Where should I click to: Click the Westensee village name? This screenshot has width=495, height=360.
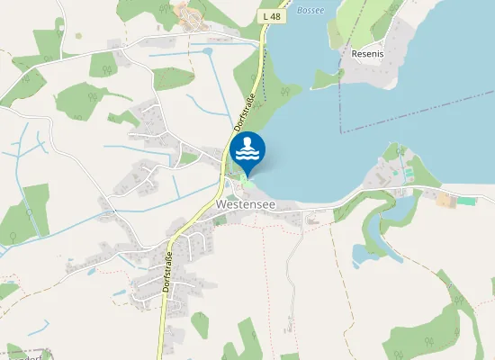pyautogui.click(x=246, y=205)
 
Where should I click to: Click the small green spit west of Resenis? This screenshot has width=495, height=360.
pyautogui.click(x=327, y=79)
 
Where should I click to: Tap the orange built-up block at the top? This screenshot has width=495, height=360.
pyautogui.click(x=190, y=15)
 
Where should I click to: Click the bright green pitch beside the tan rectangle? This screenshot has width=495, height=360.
pyautogui.click(x=466, y=200)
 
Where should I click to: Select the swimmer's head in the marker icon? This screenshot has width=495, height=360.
pyautogui.click(x=247, y=141)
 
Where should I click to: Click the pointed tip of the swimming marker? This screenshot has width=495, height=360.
pyautogui.click(x=247, y=175)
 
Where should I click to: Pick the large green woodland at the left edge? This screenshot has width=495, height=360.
pyautogui.click(x=22, y=212)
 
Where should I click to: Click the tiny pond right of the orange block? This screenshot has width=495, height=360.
pyautogui.click(x=208, y=52)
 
